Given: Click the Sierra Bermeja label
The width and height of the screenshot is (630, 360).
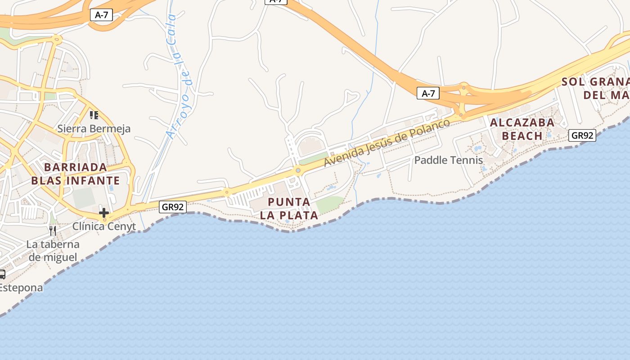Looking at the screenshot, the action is pos(94,129).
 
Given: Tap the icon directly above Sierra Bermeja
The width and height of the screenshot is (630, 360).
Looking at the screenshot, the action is pos(94,115).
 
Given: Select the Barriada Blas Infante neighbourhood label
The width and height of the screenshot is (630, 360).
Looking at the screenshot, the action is pos(76,174).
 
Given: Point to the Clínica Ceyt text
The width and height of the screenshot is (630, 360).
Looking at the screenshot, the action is pos(104,226).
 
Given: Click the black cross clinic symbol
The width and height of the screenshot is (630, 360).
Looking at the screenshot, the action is pos(104,212).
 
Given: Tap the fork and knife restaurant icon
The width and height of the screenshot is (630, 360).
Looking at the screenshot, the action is pos(53,231).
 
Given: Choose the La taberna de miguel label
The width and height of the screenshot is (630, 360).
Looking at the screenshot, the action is pos(53,251).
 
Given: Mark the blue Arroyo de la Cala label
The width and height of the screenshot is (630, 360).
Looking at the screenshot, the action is pos(178,76).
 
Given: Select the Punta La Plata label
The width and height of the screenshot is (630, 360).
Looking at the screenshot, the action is pos(289,208).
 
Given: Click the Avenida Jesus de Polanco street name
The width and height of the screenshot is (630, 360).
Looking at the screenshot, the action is pos(387,143).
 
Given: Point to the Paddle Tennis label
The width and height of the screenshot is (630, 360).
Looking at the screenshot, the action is pos(448,160).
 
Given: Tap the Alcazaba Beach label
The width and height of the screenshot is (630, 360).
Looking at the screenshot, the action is pos(522,129).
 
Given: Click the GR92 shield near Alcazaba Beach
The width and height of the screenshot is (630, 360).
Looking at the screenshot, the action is pos(582,135).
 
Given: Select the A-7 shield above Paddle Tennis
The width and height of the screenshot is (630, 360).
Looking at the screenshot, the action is pos(428,93).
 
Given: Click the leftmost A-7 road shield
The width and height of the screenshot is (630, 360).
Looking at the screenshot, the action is pos(101,15).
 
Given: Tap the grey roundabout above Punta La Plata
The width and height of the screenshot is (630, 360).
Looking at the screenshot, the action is pos(297,171).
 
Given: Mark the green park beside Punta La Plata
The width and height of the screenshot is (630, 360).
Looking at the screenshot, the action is pos(330,204).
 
